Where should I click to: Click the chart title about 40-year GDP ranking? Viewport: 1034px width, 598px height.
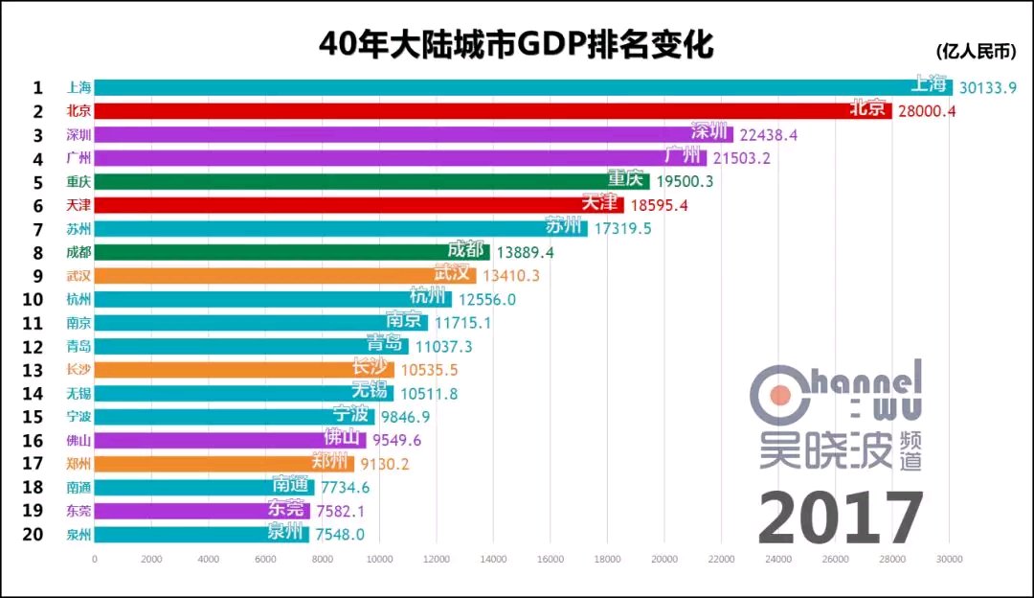click(x=517, y=44)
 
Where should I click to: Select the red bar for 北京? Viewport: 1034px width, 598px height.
click(x=479, y=110)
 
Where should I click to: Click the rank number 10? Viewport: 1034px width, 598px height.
click(x=34, y=299)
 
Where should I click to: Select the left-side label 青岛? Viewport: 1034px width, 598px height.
click(x=79, y=346)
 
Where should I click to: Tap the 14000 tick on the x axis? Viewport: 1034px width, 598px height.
click(x=493, y=559)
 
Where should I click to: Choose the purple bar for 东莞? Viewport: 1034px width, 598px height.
click(x=191, y=511)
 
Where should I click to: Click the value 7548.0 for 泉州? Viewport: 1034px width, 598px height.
click(x=341, y=534)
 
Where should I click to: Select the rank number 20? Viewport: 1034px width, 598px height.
click(x=34, y=534)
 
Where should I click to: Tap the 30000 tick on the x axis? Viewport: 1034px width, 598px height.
click(x=949, y=559)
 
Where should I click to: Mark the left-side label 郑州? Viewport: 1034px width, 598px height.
click(x=79, y=464)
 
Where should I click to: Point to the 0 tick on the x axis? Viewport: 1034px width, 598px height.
click(x=95, y=559)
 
